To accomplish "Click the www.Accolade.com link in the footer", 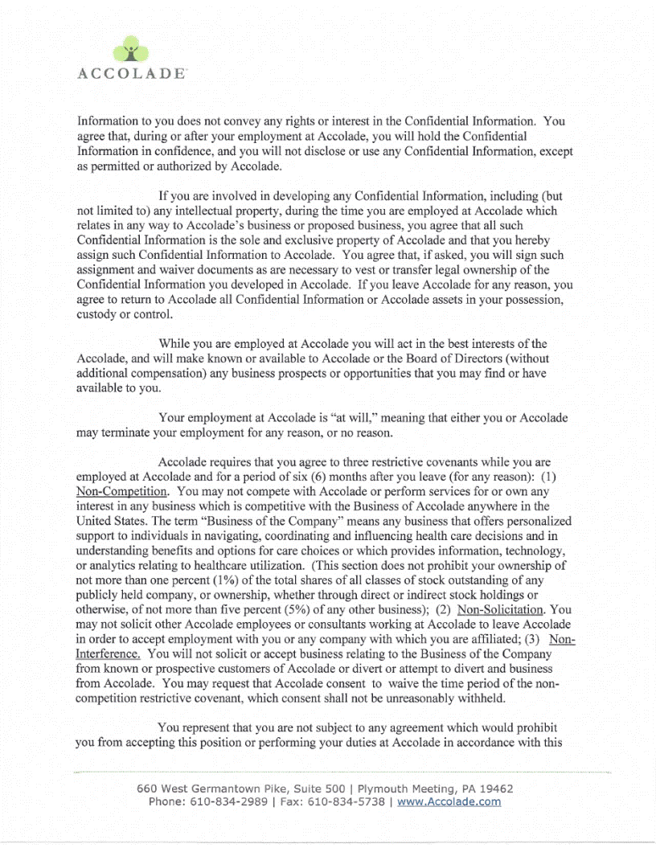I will pyautogui.click(x=449, y=801).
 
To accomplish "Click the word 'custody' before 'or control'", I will pyautogui.click(x=96, y=314).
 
